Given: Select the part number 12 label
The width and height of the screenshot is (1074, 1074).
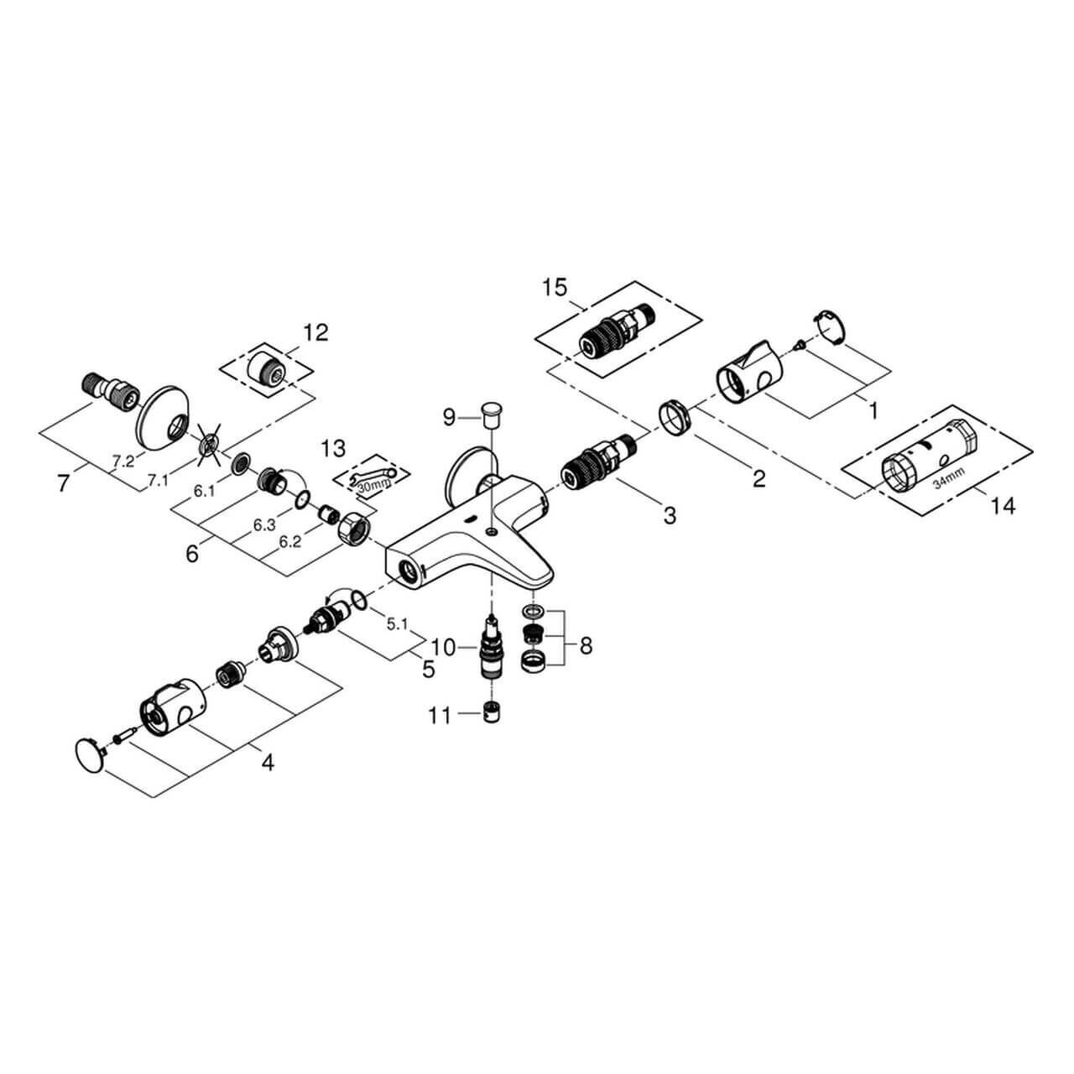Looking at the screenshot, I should [x=315, y=332].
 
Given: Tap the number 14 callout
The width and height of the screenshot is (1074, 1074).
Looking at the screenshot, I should [x=1003, y=506].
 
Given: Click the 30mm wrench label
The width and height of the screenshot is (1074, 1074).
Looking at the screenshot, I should [x=369, y=484].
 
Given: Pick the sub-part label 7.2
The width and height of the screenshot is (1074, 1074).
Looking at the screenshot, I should [x=123, y=461].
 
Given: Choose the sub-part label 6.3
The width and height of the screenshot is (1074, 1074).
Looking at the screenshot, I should [x=265, y=525].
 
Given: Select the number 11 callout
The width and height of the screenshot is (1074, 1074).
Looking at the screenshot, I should [x=440, y=716].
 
